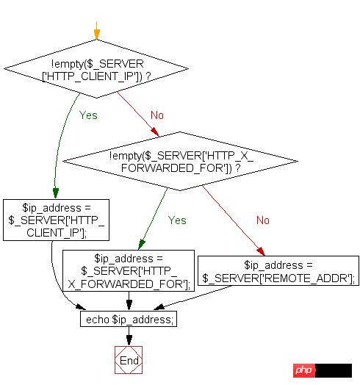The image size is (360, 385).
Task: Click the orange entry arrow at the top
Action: point(96,32)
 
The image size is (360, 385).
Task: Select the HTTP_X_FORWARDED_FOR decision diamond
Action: point(180,161)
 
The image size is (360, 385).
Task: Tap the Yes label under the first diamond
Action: point(88,115)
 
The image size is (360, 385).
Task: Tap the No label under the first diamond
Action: point(157,115)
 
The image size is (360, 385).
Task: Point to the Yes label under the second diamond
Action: point(177,220)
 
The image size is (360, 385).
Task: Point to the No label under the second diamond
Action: point(263,220)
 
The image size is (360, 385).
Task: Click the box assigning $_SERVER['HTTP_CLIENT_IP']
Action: point(56,219)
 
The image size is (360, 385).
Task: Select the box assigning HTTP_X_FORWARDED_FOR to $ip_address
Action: point(129,270)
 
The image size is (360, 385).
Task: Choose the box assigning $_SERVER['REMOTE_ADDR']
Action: point(279,270)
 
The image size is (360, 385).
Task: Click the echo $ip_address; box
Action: point(129,320)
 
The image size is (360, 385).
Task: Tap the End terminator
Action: point(129,360)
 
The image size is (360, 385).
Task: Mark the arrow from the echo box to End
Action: point(129,337)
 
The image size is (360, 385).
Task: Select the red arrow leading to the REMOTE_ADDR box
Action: point(235,220)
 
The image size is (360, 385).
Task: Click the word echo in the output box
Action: point(97,320)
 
